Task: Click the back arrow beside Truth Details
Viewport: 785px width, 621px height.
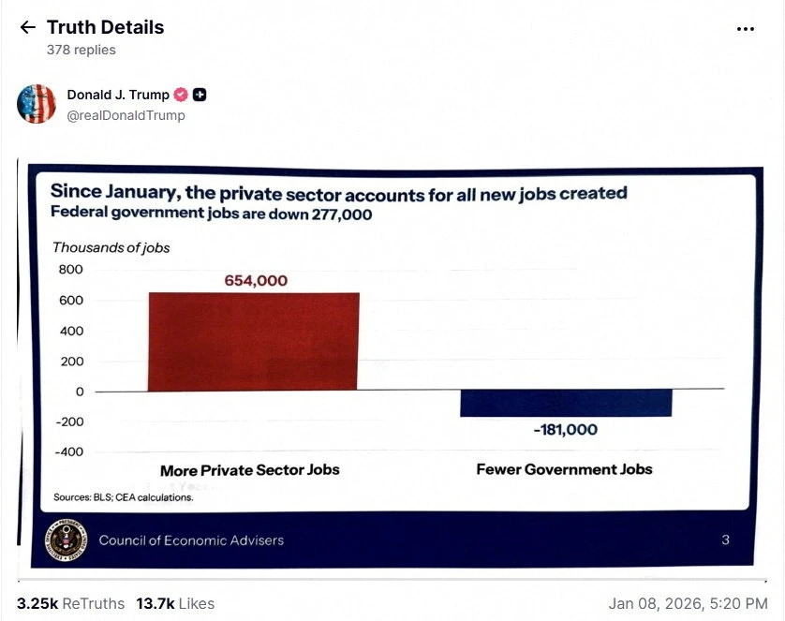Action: (28, 27)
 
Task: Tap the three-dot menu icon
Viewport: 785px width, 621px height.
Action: (746, 29)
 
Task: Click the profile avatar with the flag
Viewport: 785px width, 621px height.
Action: (36, 104)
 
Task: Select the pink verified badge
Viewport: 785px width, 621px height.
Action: (181, 95)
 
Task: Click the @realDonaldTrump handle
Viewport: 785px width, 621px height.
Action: (126, 115)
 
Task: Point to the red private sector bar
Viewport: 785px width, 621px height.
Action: (253, 341)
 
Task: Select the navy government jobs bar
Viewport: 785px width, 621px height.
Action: (566, 403)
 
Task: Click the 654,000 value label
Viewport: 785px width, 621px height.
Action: (256, 281)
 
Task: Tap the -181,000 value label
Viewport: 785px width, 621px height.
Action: (566, 429)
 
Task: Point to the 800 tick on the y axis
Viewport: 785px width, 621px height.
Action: (70, 270)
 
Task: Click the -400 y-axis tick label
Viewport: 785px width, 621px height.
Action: (69, 451)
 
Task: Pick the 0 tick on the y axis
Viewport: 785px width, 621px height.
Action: (80, 392)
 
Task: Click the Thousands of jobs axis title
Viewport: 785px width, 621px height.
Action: (111, 247)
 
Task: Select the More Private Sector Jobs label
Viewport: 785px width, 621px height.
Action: (250, 470)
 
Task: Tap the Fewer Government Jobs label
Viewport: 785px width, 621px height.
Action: (564, 469)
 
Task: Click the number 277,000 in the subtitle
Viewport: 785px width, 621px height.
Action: (342, 214)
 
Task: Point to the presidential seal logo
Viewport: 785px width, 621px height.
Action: (67, 540)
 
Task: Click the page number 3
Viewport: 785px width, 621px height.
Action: (725, 540)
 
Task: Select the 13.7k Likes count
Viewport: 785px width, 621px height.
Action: (175, 603)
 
